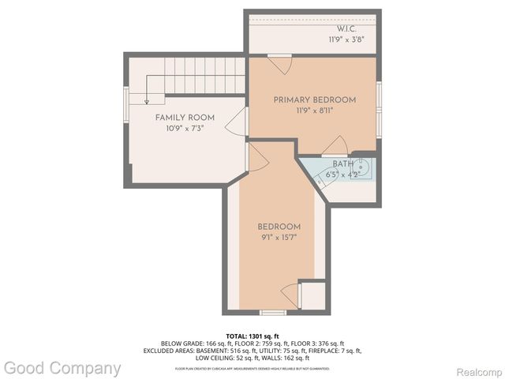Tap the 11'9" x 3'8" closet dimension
pos(346,39)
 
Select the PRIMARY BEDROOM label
pos(315,99)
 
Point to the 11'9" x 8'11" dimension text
pos(315,112)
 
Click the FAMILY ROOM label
pos(185,118)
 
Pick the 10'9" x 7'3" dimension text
pos(185,129)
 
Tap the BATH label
pos(343,164)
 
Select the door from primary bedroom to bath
pos(335,145)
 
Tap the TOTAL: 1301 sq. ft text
pos(252,336)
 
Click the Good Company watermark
pos(62,368)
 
